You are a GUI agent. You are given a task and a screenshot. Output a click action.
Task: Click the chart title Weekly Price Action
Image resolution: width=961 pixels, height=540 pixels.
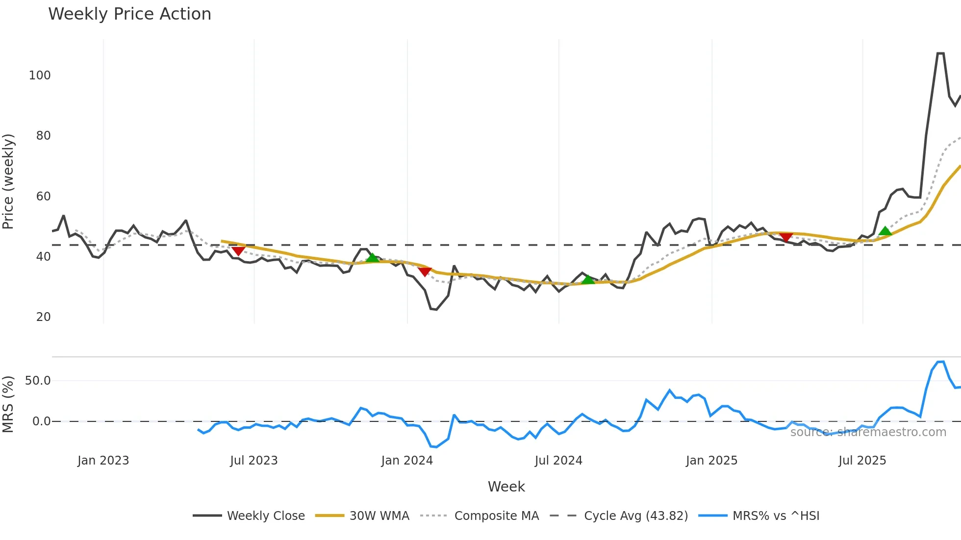click(129, 14)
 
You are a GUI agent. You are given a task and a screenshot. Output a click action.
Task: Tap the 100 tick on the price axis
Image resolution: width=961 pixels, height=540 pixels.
click(40, 75)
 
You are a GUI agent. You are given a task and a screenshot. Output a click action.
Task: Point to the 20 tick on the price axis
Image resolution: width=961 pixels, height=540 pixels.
click(43, 317)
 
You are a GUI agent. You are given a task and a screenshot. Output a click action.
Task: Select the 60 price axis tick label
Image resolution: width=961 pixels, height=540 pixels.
click(43, 196)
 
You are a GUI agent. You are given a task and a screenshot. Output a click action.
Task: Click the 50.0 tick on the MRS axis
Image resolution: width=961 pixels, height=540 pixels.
click(38, 381)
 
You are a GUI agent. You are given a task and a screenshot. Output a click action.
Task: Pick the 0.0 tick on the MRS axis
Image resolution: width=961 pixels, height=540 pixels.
click(41, 421)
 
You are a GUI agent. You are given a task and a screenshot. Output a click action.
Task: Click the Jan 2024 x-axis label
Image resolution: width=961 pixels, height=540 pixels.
click(407, 461)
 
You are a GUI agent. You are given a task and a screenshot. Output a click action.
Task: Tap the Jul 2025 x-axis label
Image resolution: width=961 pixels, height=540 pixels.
click(862, 461)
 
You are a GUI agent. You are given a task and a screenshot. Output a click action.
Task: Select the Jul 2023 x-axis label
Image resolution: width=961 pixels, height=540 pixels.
click(254, 461)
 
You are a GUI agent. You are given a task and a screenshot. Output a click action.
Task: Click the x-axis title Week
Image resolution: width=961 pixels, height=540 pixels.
click(506, 487)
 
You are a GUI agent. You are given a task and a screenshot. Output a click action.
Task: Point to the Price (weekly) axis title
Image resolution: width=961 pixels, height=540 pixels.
click(8, 181)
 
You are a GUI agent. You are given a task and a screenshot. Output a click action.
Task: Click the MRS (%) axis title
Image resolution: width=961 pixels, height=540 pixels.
click(8, 404)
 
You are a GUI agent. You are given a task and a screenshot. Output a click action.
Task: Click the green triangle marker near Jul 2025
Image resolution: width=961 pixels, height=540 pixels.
click(885, 231)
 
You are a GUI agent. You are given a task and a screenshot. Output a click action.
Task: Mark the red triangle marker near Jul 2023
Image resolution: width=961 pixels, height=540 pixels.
click(238, 251)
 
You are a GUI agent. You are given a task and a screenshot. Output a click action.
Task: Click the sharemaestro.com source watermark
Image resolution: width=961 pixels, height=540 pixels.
click(868, 432)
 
